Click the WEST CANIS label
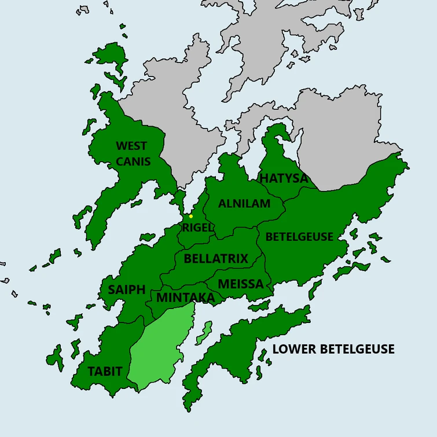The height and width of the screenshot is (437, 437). [133, 153]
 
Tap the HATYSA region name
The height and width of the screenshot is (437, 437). [284, 178]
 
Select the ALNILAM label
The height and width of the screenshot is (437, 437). [244, 204]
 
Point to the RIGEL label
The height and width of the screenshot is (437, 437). [198, 227]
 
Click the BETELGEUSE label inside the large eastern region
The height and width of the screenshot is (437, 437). [299, 237]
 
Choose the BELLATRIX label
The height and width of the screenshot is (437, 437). [216, 259]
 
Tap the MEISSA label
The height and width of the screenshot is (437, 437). [241, 284]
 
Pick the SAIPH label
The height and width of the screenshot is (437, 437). [127, 290]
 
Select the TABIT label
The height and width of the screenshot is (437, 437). [105, 371]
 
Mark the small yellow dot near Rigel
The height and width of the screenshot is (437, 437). [191, 216]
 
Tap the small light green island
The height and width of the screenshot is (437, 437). [203, 333]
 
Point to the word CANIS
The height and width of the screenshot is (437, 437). [133, 161]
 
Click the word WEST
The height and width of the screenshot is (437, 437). [131, 146]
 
